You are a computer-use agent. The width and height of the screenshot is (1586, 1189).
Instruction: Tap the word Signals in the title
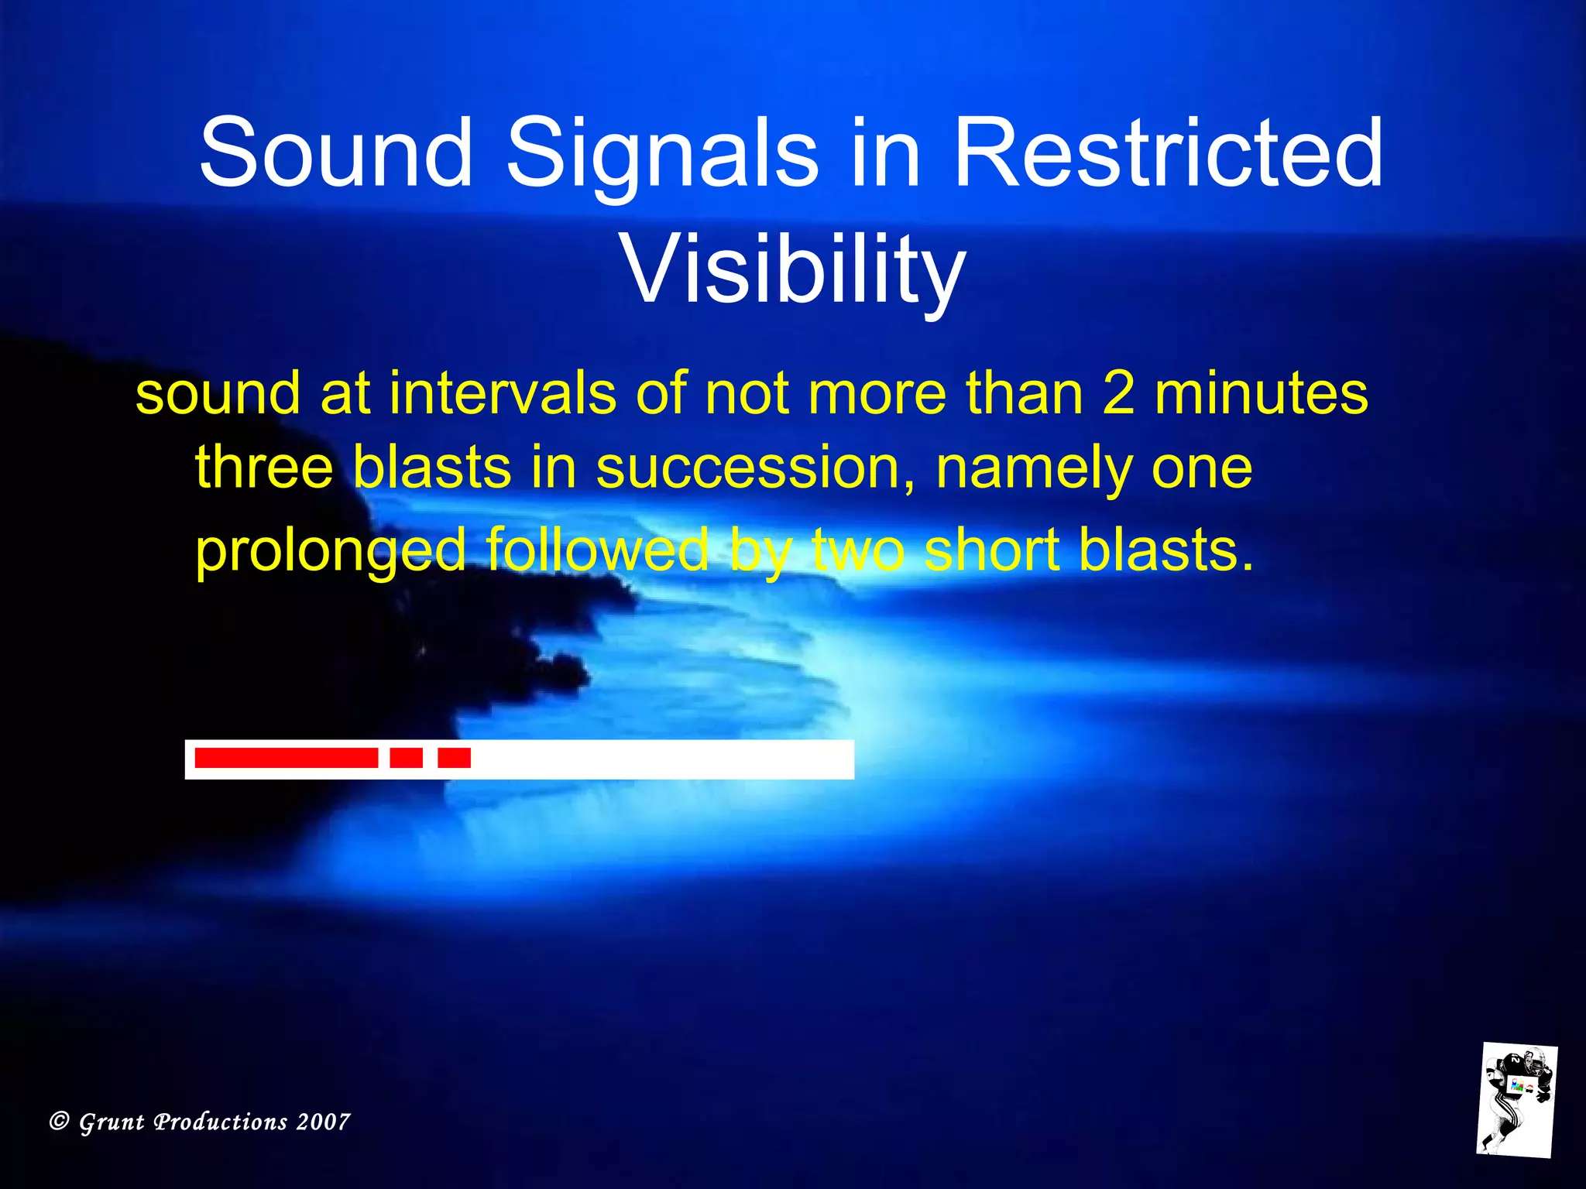pyautogui.click(x=662, y=153)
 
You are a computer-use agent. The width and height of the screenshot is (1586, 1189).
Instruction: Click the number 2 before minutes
pyautogui.click(x=1118, y=393)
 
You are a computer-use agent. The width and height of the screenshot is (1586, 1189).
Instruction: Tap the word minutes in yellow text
pyautogui.click(x=1262, y=393)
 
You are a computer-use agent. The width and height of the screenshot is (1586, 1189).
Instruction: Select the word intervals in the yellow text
pyautogui.click(x=503, y=393)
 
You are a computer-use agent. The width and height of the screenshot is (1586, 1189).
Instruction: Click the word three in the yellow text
pyautogui.click(x=264, y=468)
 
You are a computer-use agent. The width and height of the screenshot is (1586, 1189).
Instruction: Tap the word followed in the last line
pyautogui.click(x=597, y=550)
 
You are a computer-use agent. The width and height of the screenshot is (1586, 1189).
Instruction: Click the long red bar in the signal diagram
pyautogui.click(x=286, y=758)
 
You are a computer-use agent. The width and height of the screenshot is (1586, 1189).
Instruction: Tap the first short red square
pyautogui.click(x=406, y=758)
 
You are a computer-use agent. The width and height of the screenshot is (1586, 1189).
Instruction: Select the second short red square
pyautogui.click(x=454, y=758)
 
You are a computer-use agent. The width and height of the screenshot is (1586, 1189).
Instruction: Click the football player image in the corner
pyautogui.click(x=1516, y=1099)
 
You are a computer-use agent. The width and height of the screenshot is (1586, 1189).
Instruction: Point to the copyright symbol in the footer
pyautogui.click(x=59, y=1121)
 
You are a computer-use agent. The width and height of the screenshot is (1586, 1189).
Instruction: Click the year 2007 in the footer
pyautogui.click(x=324, y=1122)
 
